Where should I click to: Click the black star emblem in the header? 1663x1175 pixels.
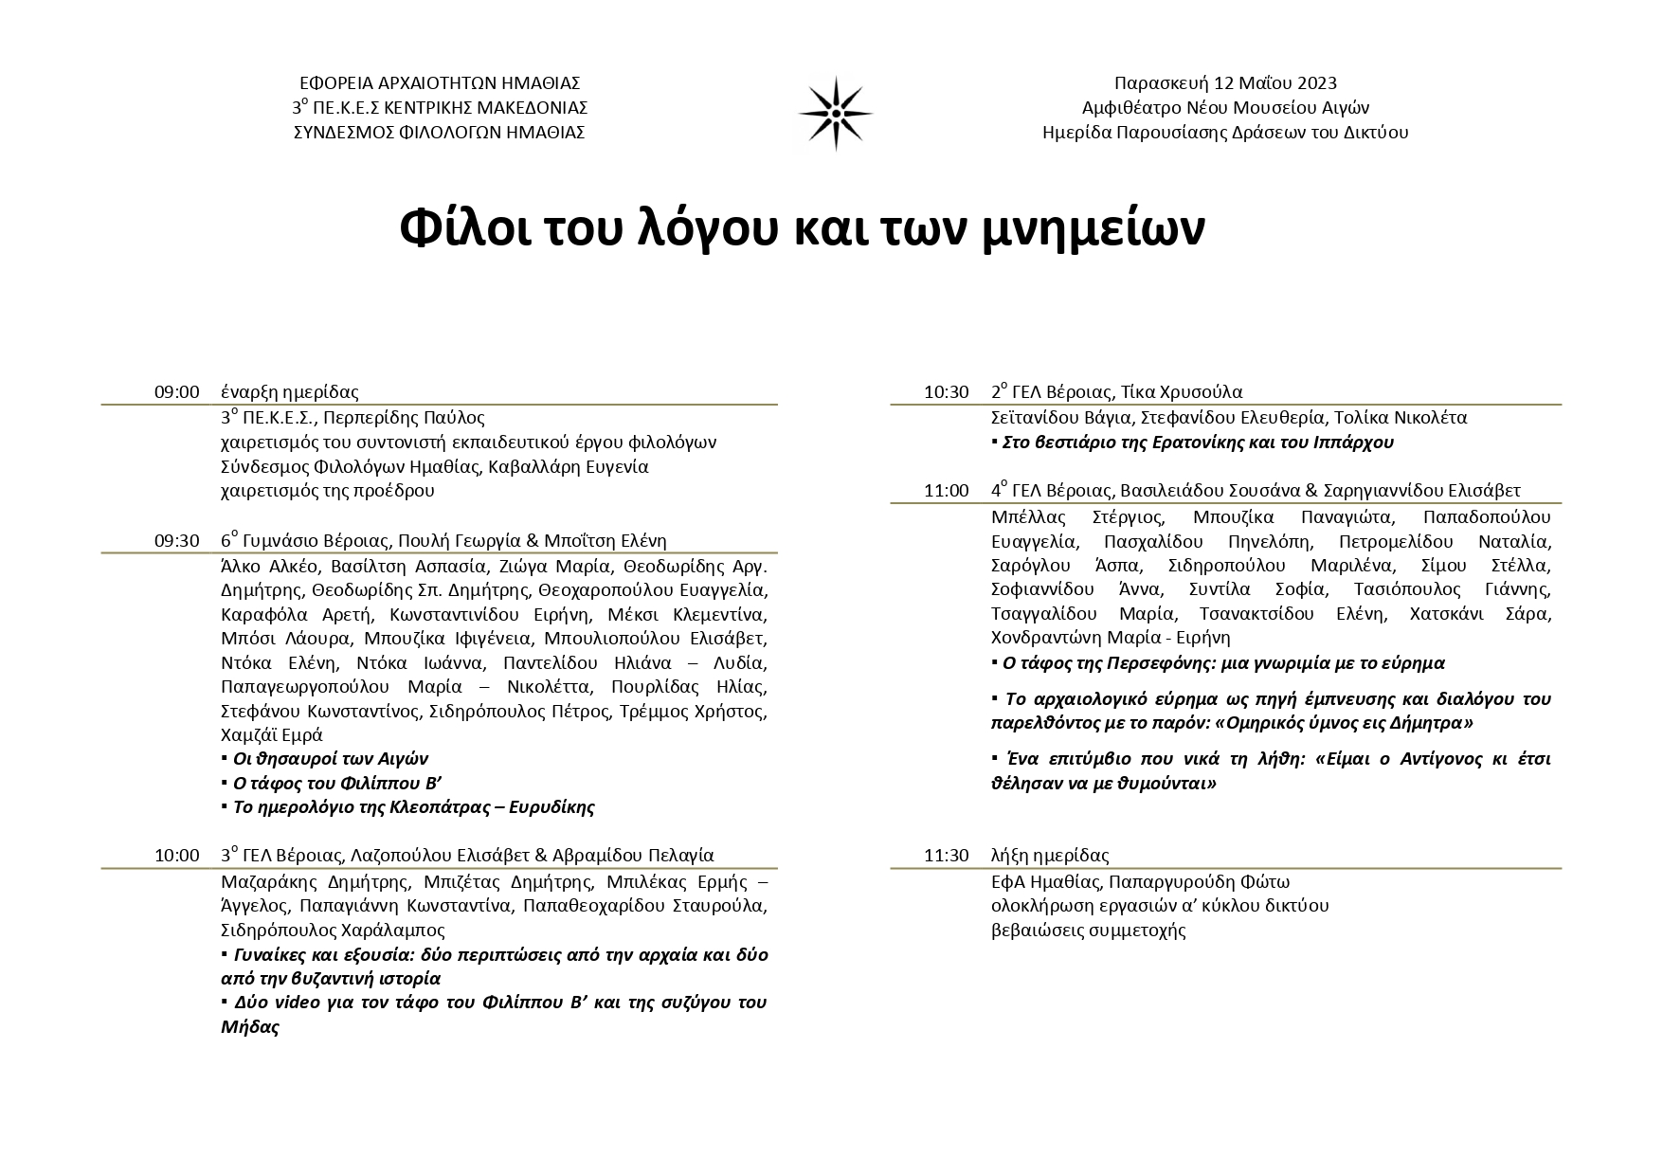[x=835, y=113]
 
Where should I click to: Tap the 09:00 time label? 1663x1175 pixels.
[x=177, y=392]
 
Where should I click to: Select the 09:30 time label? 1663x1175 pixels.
[x=177, y=541]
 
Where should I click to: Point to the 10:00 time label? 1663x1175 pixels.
[x=177, y=856]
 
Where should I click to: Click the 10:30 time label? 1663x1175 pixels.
[x=947, y=392]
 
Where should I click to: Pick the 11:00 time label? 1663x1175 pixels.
[x=947, y=491]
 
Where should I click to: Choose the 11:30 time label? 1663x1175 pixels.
[x=947, y=856]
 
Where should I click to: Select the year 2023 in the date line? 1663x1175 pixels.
[x=1316, y=83]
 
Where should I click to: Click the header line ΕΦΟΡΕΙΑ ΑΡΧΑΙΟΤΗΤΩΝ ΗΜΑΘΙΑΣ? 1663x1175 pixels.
[x=439, y=83]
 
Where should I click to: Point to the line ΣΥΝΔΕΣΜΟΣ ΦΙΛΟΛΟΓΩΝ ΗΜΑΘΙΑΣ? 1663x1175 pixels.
[x=439, y=133]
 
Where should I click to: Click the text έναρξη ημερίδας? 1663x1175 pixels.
[x=289, y=392]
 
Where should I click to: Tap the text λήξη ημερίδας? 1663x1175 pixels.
[x=1050, y=856]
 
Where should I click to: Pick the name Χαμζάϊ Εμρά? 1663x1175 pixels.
[x=272, y=735]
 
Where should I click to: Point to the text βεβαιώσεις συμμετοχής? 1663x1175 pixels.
[x=1088, y=930]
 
